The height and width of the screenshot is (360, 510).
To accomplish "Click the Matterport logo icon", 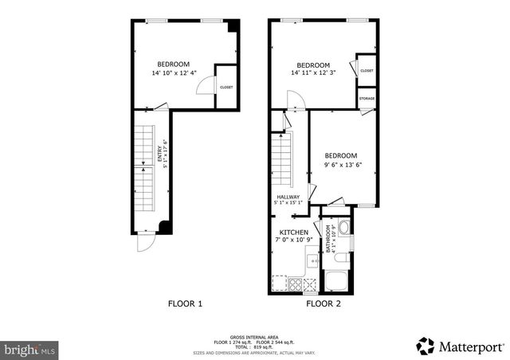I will [x=426, y=346].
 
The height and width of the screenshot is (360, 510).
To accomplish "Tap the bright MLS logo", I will [x=29, y=349].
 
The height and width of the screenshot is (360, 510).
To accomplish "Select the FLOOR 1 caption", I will [x=185, y=303].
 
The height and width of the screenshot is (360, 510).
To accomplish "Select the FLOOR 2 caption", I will [x=324, y=303].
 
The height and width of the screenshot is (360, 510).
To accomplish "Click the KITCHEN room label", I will [x=293, y=233].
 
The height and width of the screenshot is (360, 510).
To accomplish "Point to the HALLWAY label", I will [x=288, y=197].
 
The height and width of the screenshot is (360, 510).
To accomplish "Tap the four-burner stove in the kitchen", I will [x=295, y=283].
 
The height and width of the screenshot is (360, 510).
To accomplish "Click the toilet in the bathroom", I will [x=341, y=257].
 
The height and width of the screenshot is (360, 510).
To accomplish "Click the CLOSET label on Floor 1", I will [x=226, y=87].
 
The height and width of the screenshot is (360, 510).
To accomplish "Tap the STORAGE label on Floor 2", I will [x=367, y=99].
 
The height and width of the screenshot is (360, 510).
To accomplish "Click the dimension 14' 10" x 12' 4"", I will [x=173, y=73].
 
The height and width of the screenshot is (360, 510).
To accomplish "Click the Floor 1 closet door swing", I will [x=205, y=85].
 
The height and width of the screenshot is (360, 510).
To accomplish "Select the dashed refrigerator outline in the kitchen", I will [x=279, y=282].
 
